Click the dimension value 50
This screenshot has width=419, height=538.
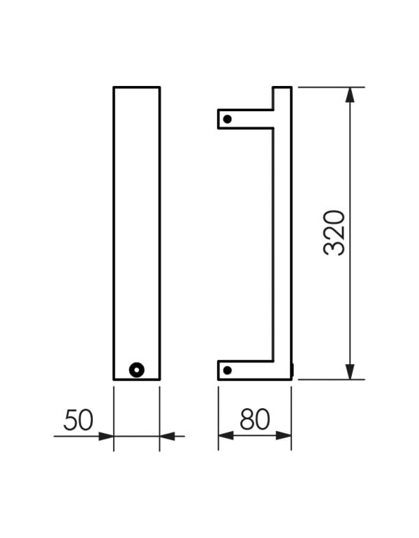(x=78, y=420)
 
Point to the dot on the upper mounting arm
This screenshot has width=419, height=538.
(x=227, y=119)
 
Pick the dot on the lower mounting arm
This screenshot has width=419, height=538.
(x=227, y=370)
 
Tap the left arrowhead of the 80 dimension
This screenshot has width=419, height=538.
(x=225, y=435)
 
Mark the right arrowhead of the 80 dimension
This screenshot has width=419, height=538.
(x=284, y=435)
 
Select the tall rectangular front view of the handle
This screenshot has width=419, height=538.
(x=137, y=231)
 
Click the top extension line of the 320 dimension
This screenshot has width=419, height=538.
(x=328, y=87)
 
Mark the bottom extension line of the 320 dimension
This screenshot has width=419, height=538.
(x=328, y=379)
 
